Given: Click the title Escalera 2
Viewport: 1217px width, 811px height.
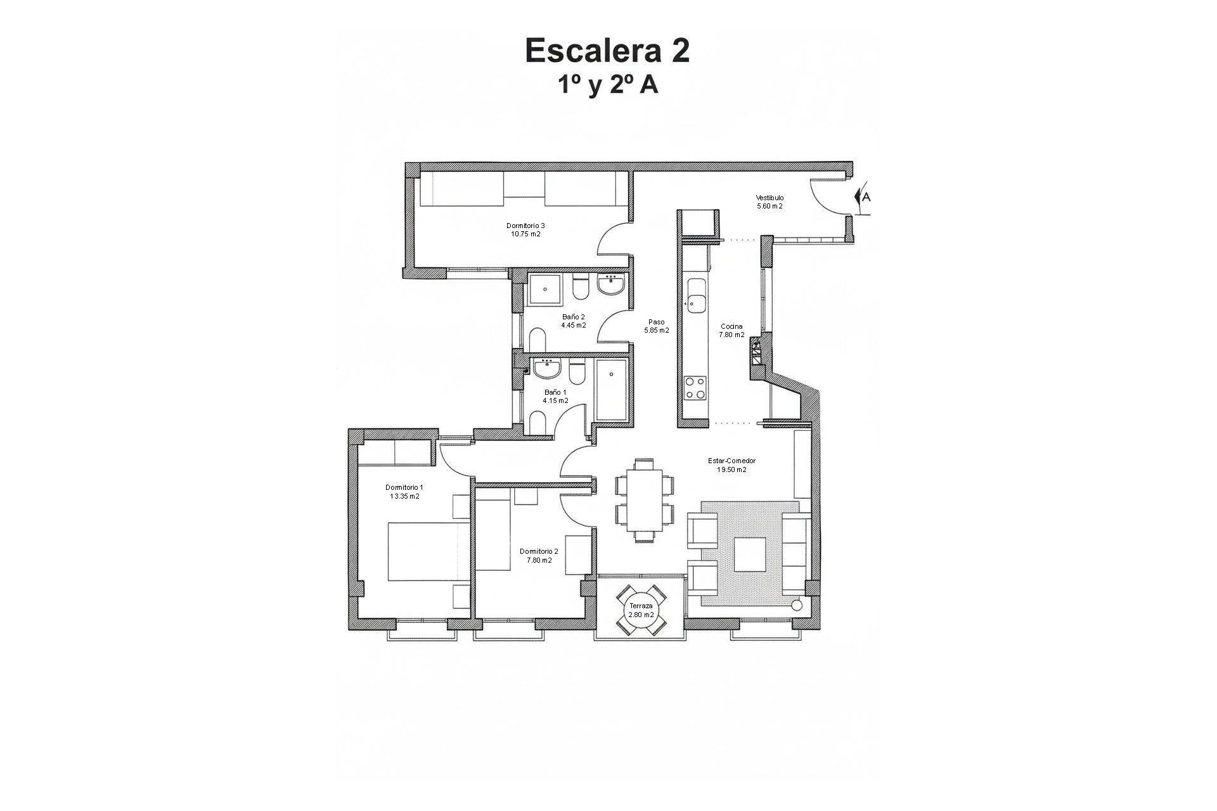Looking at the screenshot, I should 607,51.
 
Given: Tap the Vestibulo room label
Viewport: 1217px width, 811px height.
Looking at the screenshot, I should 769,198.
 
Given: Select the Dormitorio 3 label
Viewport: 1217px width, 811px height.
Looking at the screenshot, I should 525,226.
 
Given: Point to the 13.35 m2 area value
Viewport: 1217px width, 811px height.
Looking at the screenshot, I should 404,496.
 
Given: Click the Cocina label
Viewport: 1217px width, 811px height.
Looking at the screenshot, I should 731,327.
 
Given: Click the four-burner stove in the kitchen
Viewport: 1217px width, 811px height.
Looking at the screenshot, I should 695,388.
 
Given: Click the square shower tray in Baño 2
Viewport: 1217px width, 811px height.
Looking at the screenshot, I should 544,291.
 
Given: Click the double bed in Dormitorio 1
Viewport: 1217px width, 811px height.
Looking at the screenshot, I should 428,551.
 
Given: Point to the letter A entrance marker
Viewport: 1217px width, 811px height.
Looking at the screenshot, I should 865,197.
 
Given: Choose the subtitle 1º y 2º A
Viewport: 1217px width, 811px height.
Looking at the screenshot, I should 607,85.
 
